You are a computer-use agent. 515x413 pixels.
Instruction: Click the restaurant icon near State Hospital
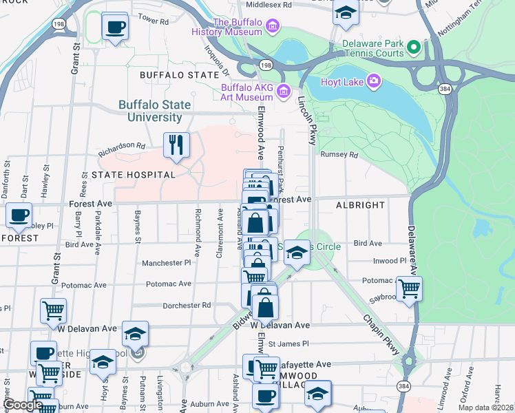pos(176,145)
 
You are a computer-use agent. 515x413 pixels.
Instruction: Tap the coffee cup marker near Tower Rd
pos(115,28)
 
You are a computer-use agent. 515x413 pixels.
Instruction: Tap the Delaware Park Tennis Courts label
pos(372,48)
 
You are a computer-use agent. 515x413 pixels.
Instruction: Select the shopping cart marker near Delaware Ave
pos(409,288)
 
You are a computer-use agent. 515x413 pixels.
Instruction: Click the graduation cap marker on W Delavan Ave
pos(136,334)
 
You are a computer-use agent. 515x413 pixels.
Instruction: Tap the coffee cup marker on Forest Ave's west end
pos(19,215)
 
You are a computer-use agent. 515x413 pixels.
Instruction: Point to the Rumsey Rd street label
pos(345,155)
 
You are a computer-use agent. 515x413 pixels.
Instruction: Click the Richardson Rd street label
pos(121,146)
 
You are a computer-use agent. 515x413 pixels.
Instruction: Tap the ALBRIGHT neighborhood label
pos(360,205)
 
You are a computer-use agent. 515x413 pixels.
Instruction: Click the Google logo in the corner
pos(23,405)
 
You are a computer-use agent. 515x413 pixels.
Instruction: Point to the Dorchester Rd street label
pos(187,306)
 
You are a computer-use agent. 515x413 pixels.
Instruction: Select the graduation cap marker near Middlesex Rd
pos(345,13)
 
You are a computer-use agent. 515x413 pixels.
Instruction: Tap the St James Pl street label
pos(290,343)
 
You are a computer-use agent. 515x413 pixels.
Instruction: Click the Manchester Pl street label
pos(166,263)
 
